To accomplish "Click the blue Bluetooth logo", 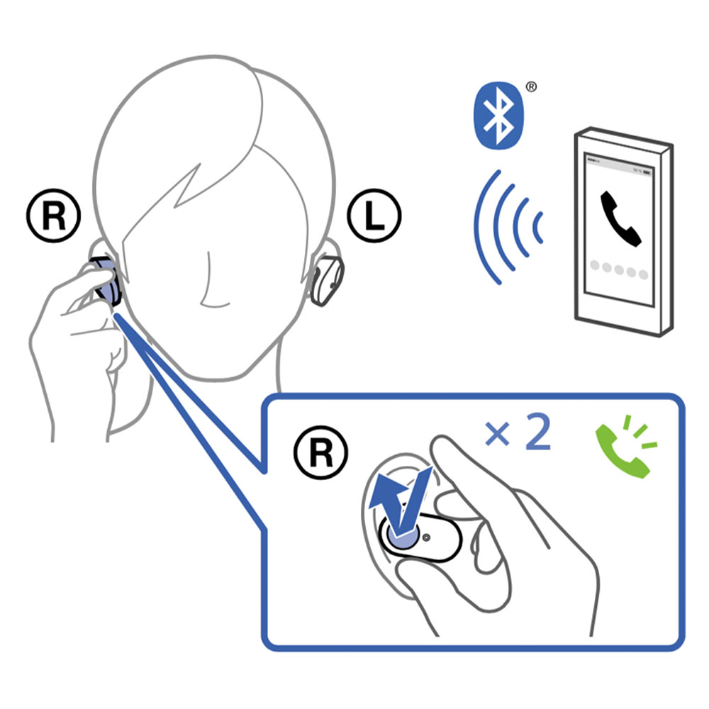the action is tap(498, 116).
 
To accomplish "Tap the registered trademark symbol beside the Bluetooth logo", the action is tap(532, 86).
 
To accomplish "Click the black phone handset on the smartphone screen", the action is tap(620, 219).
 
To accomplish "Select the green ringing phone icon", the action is tap(626, 447).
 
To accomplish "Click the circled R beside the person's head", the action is tap(54, 216).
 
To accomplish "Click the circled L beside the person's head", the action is tap(374, 216).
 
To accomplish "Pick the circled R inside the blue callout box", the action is tap(321, 452).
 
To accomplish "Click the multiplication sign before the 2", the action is tap(498, 434).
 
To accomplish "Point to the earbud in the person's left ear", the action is tap(327, 280).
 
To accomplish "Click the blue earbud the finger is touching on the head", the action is tap(106, 282).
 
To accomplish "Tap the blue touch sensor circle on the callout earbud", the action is tap(401, 534).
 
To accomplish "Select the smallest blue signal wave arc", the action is tap(537, 228).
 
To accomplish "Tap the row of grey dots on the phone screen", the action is tap(619, 269).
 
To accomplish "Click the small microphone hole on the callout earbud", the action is tap(426, 537).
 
